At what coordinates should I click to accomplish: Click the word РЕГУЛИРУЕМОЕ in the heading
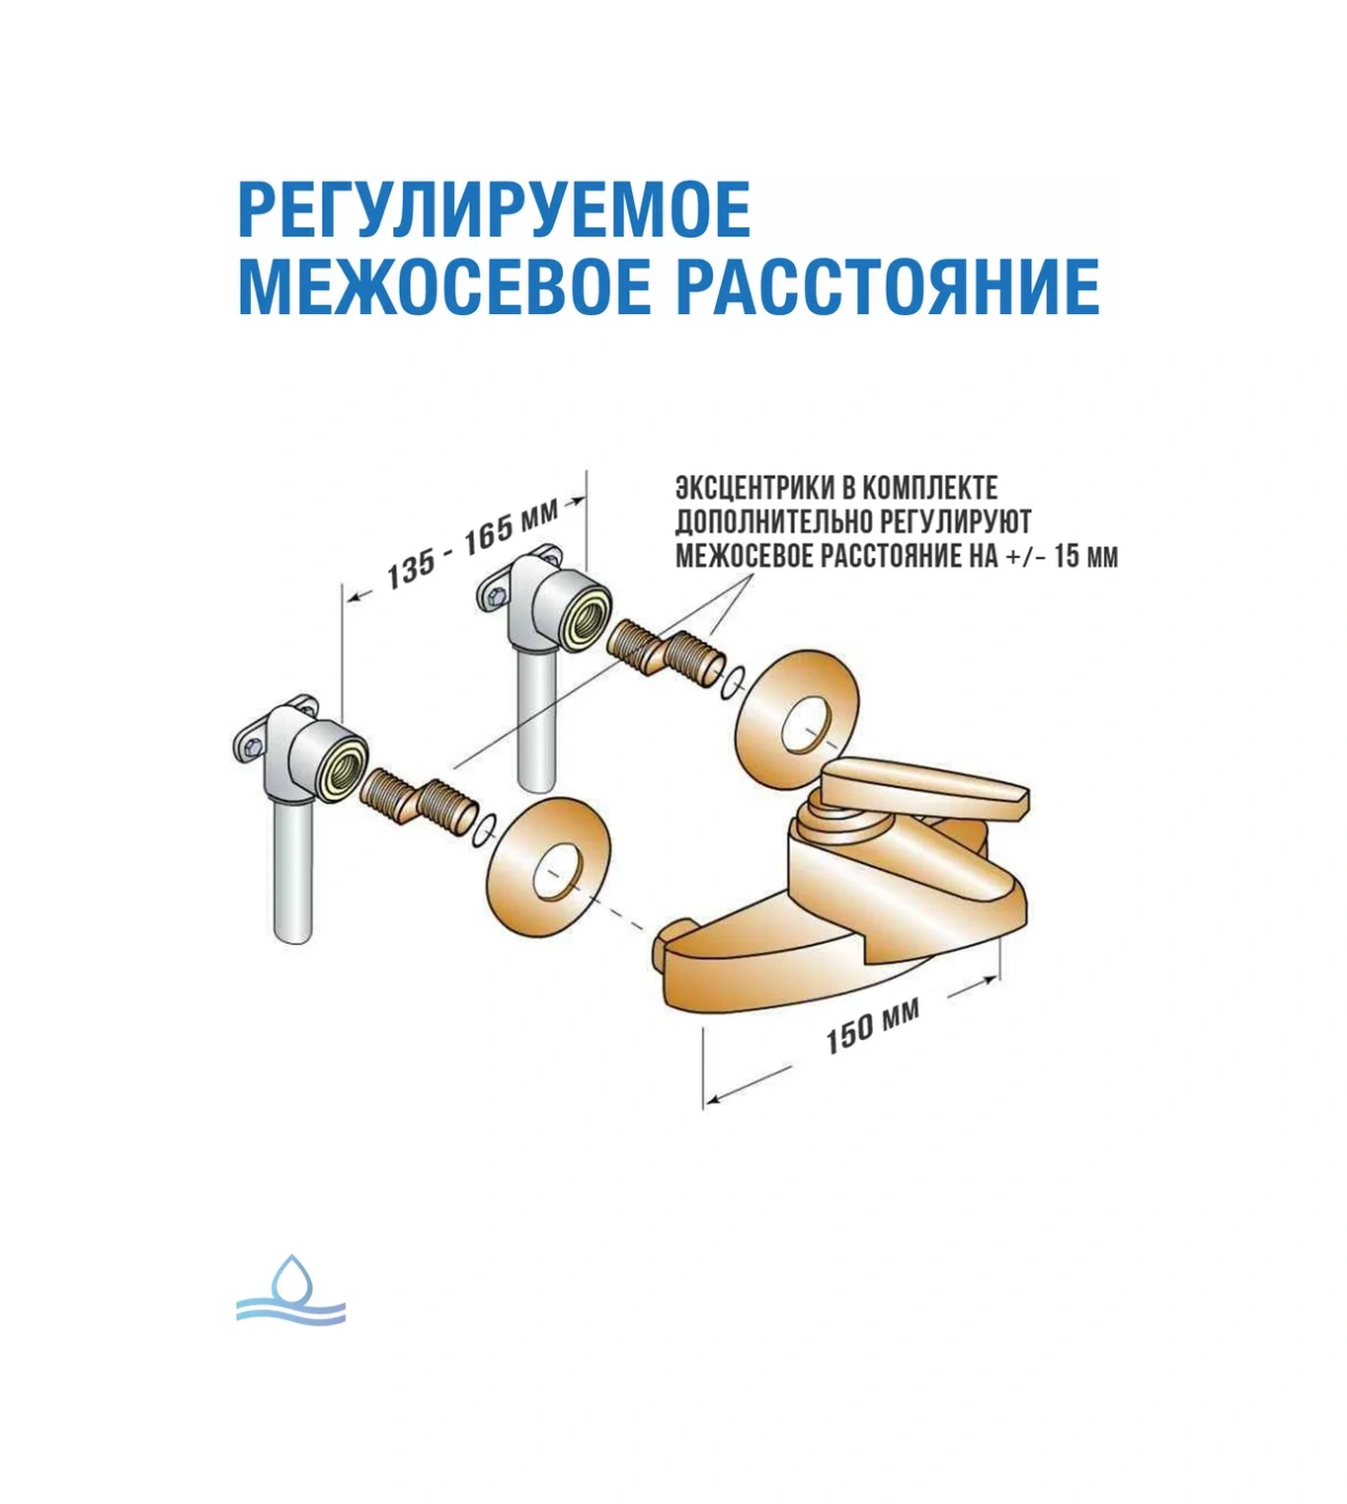(x=494, y=209)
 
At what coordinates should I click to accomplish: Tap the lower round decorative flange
(x=549, y=860)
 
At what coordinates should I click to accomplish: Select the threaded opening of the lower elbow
(x=346, y=758)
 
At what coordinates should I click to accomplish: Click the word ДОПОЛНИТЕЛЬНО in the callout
(x=773, y=522)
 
